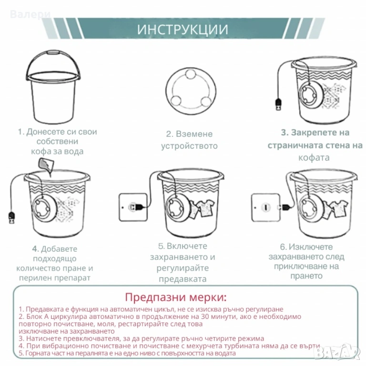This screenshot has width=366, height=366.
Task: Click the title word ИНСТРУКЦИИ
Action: point(183,30)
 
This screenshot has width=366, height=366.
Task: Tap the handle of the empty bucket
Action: point(53,54)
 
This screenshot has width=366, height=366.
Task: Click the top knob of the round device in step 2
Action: point(190,74)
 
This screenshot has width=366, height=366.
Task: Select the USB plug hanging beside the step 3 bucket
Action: point(278,104)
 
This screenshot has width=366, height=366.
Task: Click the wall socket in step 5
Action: point(133,207)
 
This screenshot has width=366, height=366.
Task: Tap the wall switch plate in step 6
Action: point(265,207)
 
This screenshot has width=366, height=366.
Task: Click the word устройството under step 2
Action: point(189,146)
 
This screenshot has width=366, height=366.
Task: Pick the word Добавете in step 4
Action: point(59,249)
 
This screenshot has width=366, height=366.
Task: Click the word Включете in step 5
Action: point(187,246)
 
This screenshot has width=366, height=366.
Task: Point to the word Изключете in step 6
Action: point(311,247)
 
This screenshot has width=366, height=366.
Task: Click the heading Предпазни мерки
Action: point(176,297)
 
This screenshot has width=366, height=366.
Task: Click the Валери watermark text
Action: point(30,14)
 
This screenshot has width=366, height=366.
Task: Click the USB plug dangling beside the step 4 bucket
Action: point(11,217)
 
